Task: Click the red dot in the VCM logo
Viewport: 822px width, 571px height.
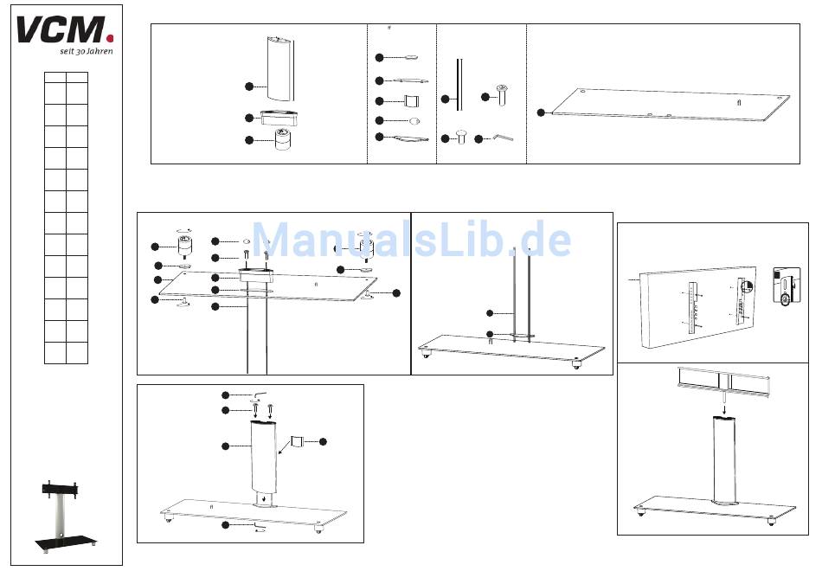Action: click(x=110, y=38)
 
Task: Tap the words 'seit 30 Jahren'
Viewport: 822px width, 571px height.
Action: click(x=87, y=51)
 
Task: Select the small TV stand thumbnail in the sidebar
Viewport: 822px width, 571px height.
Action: click(x=66, y=516)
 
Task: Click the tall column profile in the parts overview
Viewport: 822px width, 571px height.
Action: click(x=280, y=68)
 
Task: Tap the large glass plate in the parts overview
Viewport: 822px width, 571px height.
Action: click(x=671, y=105)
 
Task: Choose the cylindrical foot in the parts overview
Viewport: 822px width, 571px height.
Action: click(x=283, y=139)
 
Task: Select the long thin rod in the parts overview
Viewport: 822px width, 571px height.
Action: click(x=459, y=85)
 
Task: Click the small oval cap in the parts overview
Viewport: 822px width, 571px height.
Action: click(x=414, y=121)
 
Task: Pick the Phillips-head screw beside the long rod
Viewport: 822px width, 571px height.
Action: click(x=502, y=95)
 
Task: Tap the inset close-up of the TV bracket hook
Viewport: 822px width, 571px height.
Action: click(x=787, y=285)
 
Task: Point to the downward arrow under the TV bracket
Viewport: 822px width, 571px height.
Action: click(x=725, y=409)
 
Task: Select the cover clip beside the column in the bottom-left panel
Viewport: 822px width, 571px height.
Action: click(x=298, y=441)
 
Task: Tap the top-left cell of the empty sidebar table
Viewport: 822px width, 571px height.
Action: click(x=55, y=77)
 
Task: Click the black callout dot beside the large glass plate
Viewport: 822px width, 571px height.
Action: click(x=541, y=112)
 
